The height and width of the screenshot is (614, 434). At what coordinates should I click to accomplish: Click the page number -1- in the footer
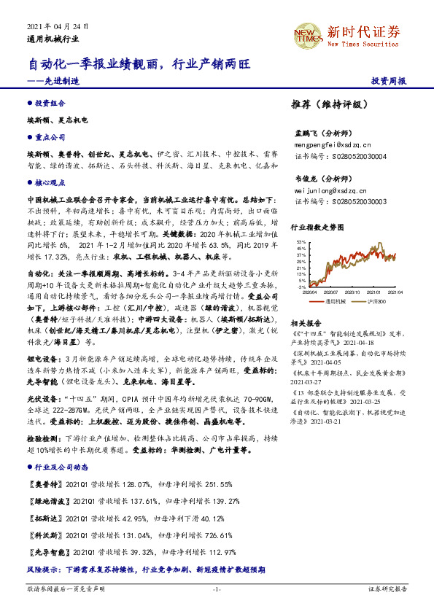(217, 588)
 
